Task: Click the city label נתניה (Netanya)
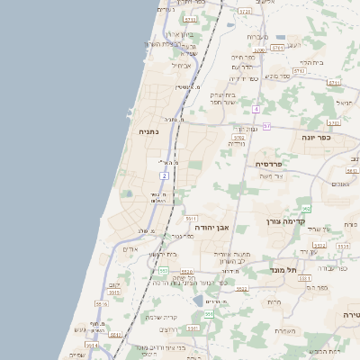tap(148, 132)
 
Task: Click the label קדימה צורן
tap(286, 220)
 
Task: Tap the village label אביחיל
tap(181, 65)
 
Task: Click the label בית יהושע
tap(161, 255)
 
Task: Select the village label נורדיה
tap(238, 143)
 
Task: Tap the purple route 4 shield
tap(256, 109)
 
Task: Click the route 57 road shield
tap(266, 127)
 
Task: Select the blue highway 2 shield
tap(165, 175)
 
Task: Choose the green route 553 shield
tap(163, 270)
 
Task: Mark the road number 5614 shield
tap(92, 344)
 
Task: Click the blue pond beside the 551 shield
tap(199, 301)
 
